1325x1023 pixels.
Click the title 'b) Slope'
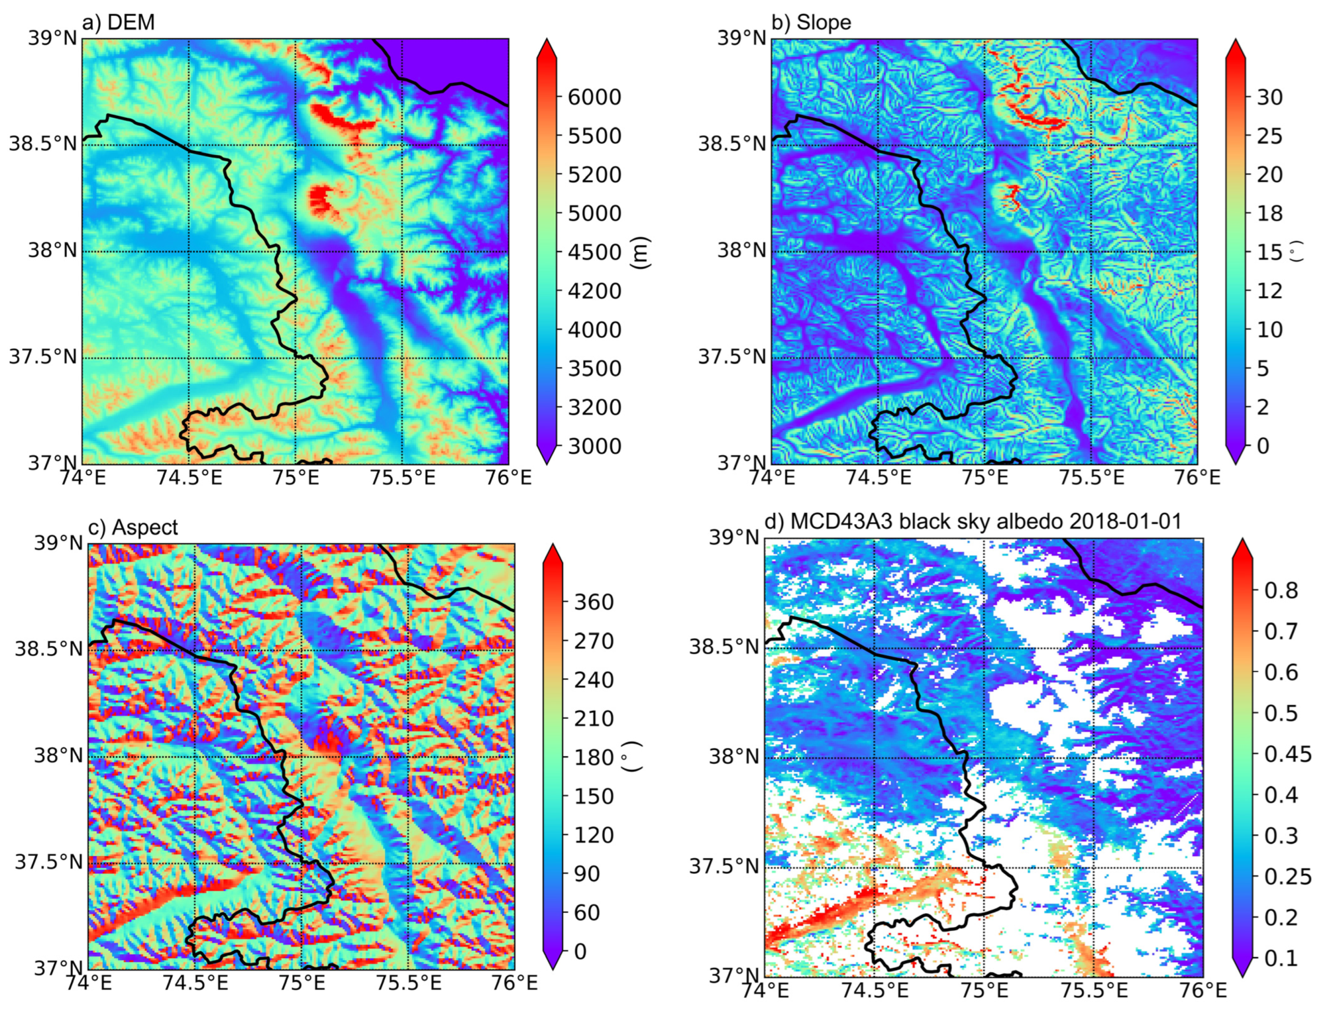[811, 23]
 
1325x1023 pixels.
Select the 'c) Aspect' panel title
[133, 527]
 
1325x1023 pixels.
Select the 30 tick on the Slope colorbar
[1269, 97]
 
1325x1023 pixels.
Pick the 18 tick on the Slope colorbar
[1269, 213]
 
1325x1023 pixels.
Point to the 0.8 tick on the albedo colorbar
[1281, 590]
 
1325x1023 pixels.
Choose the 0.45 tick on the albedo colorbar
[1287, 754]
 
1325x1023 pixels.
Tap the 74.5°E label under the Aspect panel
[195, 982]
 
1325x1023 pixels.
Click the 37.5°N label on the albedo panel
[723, 867]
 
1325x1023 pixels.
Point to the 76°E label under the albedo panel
[1202, 990]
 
